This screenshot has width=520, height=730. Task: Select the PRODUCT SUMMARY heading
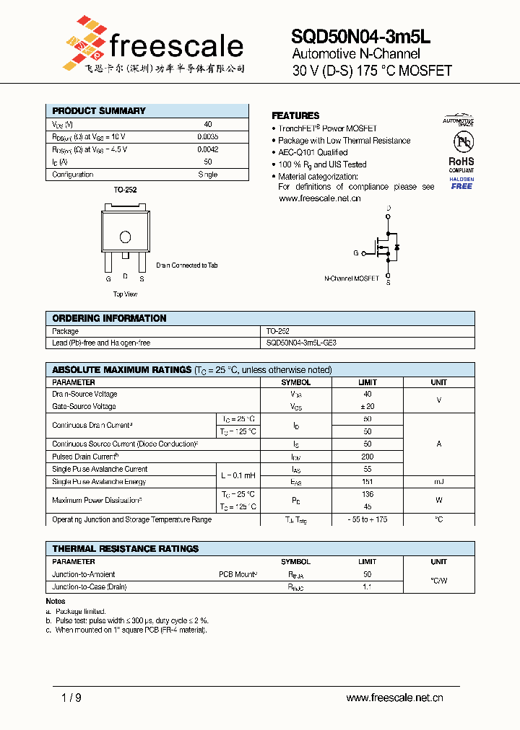click(99, 111)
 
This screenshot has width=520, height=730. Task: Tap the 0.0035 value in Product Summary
click(208, 136)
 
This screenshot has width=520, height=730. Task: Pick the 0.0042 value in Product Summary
click(208, 149)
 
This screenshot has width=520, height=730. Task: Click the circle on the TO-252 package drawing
click(125, 237)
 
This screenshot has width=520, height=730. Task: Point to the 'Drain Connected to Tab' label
click(187, 265)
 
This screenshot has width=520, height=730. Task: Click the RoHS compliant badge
click(461, 165)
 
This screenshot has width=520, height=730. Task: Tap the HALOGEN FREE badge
click(461, 182)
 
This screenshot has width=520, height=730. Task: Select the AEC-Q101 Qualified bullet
click(313, 152)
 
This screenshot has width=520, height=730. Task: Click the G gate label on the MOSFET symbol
click(355, 253)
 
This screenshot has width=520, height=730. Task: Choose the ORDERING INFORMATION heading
click(109, 318)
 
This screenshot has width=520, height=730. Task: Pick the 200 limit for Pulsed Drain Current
click(368, 457)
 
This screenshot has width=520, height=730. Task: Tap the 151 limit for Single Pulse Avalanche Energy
click(368, 482)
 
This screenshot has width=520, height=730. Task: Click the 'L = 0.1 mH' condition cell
click(237, 475)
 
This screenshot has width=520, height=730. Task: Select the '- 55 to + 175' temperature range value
click(368, 519)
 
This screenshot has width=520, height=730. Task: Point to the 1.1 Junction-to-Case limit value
click(368, 587)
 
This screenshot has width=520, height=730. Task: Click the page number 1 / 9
click(71, 698)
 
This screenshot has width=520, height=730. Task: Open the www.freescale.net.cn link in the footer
click(394, 698)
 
